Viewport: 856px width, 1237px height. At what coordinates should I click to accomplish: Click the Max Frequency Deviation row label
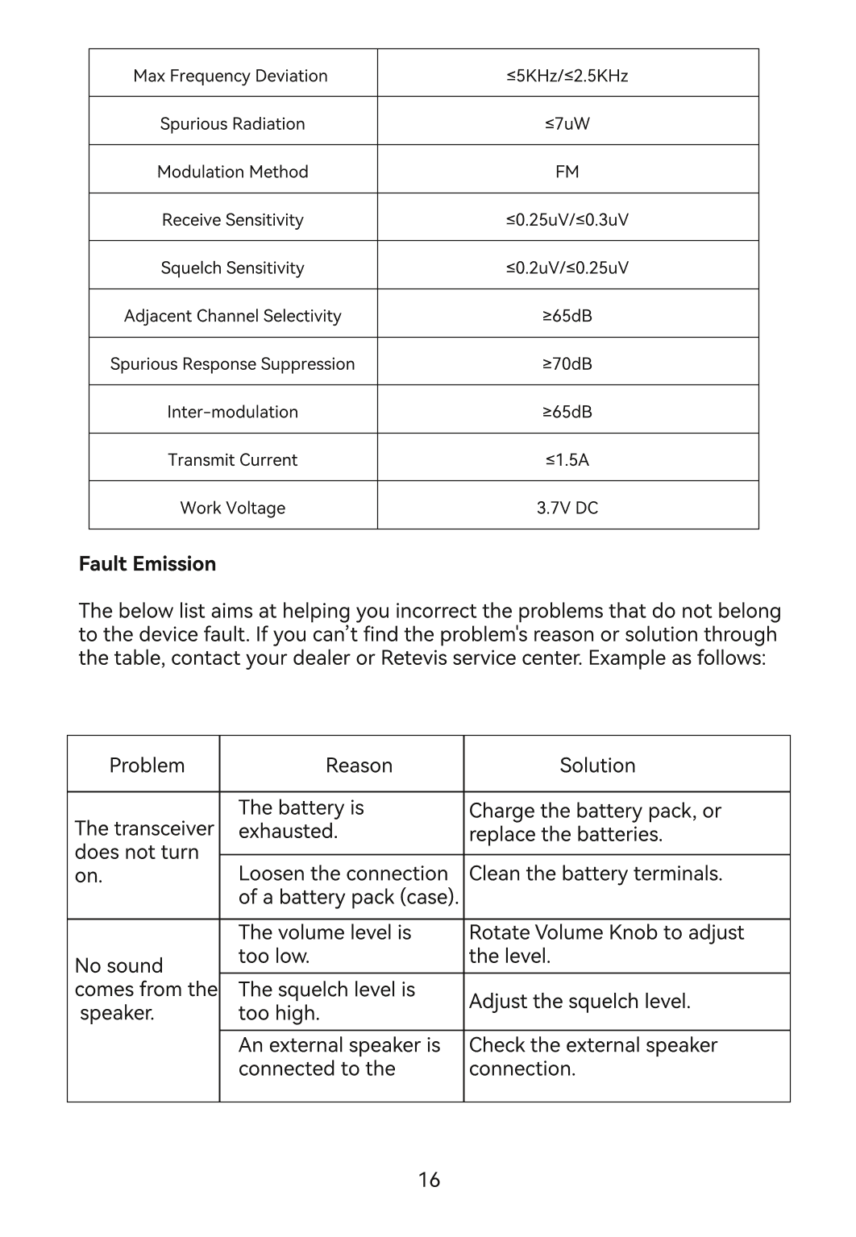pos(231,76)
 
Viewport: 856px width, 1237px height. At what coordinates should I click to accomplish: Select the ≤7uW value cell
pos(567,123)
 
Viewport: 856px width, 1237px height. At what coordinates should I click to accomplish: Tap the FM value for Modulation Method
pos(567,172)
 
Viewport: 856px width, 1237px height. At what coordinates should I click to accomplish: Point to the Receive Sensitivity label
pos(232,220)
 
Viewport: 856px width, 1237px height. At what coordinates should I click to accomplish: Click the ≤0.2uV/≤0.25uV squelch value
pos(567,268)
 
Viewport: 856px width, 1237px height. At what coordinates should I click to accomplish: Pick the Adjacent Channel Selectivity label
pos(232,316)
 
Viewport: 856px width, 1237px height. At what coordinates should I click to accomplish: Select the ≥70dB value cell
pos(567,363)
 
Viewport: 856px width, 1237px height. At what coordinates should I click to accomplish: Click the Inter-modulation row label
pos(232,412)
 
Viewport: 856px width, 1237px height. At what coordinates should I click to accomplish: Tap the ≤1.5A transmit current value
pos(567,459)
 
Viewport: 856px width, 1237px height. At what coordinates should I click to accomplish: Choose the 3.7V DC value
pos(567,508)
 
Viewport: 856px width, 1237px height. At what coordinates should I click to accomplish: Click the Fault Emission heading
pos(148,564)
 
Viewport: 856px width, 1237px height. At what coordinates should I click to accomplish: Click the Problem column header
pos(147,765)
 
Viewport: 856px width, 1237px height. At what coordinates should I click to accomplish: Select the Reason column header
pos(359,765)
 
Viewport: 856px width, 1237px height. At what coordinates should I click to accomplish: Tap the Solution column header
pos(597,765)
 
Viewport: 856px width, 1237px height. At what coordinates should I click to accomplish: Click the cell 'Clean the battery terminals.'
pos(596,874)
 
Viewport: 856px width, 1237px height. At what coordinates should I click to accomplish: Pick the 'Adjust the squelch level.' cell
pos(580,1002)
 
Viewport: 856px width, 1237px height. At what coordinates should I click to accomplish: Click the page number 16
pos(429,1180)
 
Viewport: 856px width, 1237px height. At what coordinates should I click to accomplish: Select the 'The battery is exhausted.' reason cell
pos(301,820)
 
